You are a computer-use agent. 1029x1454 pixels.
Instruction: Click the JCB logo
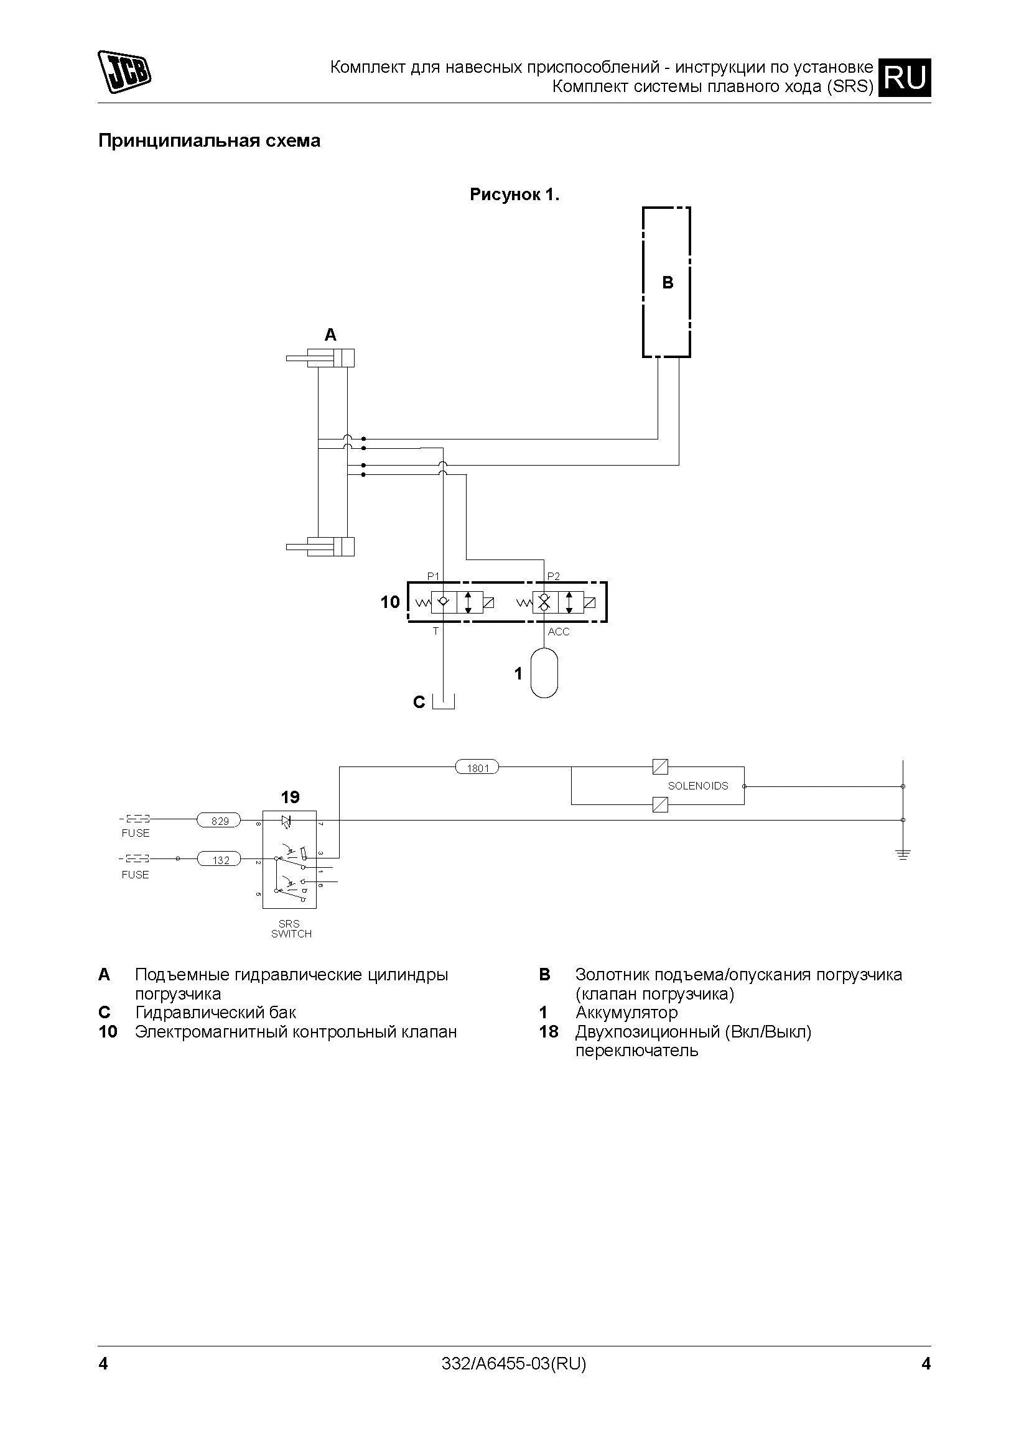[x=124, y=71]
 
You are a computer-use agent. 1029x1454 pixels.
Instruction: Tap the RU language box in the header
[x=904, y=77]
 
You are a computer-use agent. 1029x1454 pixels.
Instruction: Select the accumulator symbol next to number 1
[x=544, y=672]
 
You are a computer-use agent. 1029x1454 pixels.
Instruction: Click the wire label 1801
[x=477, y=768]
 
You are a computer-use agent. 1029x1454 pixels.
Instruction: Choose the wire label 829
[x=219, y=821]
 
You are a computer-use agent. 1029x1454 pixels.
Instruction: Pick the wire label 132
[x=219, y=859]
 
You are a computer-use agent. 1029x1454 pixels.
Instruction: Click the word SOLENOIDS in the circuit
[x=697, y=786]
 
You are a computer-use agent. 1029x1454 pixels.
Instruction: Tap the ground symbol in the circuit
[x=903, y=854]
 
